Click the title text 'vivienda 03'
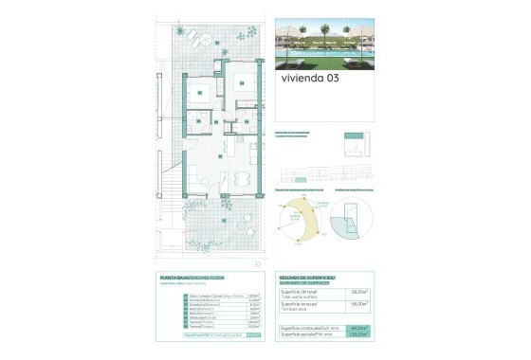tap(309, 79)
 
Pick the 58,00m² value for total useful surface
tap(359, 292)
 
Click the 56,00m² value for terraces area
tap(359, 304)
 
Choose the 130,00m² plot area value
tap(359, 334)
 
